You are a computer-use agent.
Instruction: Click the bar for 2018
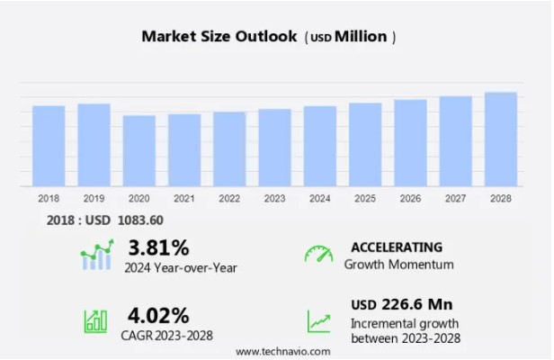pyautogui.click(x=49, y=146)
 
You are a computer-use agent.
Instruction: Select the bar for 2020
pyautogui.click(x=139, y=150)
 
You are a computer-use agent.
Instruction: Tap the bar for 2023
pyautogui.click(x=274, y=148)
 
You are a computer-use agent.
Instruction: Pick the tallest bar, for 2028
pyautogui.click(x=500, y=139)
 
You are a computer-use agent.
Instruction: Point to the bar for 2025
pyautogui.click(x=365, y=144)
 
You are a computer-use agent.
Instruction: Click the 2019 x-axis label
pyautogui.click(x=94, y=198)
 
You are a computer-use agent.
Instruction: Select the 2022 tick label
pyautogui.click(x=229, y=198)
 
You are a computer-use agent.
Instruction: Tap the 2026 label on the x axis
pyautogui.click(x=410, y=198)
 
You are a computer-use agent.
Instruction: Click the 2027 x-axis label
pyautogui.click(x=455, y=198)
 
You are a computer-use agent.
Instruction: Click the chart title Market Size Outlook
pyautogui.click(x=219, y=37)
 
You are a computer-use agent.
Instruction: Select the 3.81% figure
pyautogui.click(x=159, y=247)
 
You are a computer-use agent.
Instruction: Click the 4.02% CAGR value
pyautogui.click(x=159, y=316)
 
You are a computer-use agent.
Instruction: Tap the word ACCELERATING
pyautogui.click(x=397, y=247)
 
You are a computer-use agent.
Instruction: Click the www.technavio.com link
pyautogui.click(x=282, y=351)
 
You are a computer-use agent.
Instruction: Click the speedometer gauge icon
pyautogui.click(x=318, y=255)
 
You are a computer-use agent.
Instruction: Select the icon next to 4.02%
pyautogui.click(x=95, y=320)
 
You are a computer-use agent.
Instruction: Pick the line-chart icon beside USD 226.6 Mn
pyautogui.click(x=318, y=320)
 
